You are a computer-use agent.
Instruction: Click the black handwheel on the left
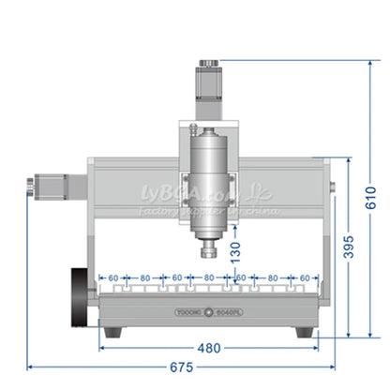click(80, 299)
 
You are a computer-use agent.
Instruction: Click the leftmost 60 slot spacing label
click(113, 278)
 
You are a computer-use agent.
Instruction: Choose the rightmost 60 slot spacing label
click(304, 278)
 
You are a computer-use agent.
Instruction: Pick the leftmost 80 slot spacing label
click(145, 278)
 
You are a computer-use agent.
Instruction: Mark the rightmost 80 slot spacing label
click(273, 278)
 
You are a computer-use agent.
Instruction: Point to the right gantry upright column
click(325, 234)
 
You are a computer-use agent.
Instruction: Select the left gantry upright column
click(92, 225)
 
